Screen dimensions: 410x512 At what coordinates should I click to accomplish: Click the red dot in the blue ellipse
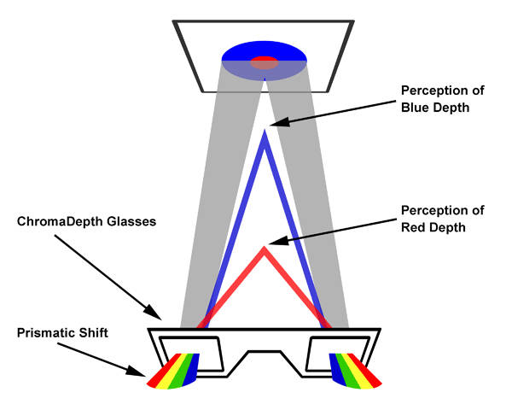[x=265, y=62]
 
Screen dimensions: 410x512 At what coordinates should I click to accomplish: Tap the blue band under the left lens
[x=194, y=366]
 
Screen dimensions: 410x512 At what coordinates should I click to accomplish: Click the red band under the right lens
[x=369, y=373]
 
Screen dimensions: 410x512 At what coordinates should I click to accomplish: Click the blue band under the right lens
[x=336, y=366]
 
